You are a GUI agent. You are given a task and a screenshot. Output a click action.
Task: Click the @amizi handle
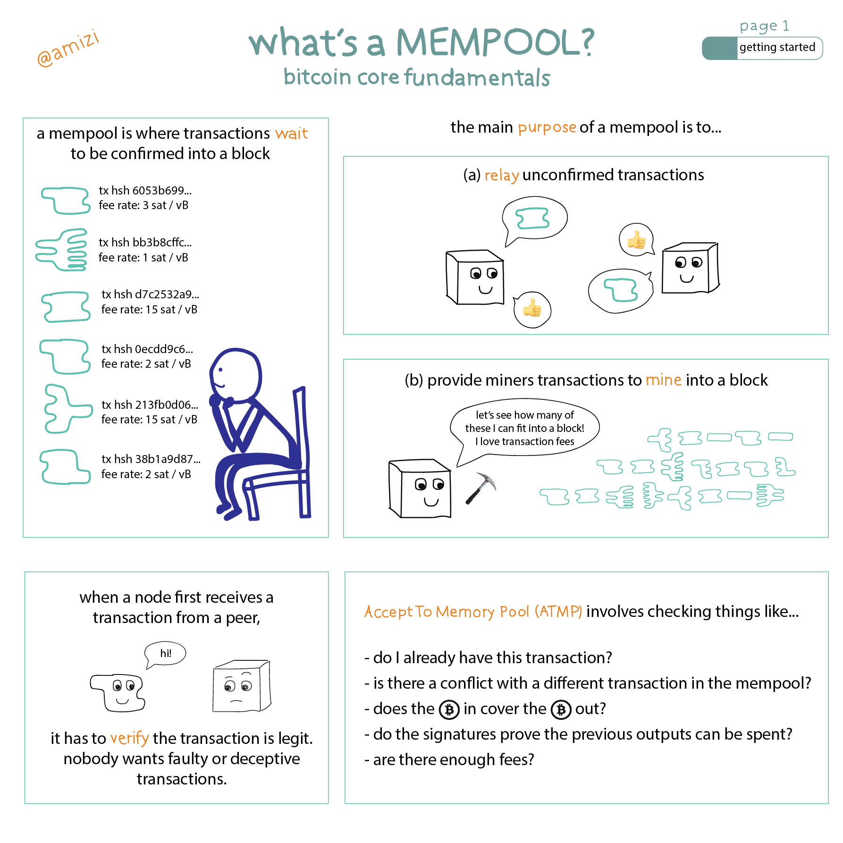[68, 48]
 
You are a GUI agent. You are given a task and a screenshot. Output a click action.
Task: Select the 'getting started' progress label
[777, 47]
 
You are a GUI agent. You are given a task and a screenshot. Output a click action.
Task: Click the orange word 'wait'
[292, 134]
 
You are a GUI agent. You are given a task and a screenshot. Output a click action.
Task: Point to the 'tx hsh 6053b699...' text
[145, 190]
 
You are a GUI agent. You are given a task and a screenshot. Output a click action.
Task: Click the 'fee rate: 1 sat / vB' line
[143, 258]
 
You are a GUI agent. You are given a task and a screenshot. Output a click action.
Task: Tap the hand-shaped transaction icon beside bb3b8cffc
[62, 250]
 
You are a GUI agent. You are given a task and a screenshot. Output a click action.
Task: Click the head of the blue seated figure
[236, 375]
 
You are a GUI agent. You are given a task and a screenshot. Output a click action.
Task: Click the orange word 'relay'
[502, 175]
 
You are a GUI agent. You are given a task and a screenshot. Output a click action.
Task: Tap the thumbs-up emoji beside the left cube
[532, 309]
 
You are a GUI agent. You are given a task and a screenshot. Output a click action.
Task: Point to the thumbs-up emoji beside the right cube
[636, 240]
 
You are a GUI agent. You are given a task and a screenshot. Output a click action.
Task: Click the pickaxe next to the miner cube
[481, 488]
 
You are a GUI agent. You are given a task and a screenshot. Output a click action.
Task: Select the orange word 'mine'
[664, 380]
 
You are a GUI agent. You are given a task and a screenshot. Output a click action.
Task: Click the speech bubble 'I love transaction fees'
[525, 429]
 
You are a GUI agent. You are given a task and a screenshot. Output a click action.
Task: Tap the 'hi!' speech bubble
[165, 655]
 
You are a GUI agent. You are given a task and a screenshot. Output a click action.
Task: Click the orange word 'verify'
[130, 738]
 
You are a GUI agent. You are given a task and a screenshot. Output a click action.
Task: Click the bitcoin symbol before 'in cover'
[449, 709]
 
